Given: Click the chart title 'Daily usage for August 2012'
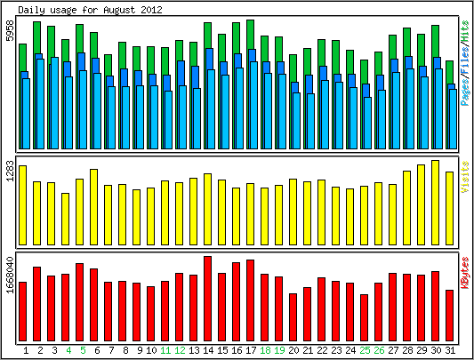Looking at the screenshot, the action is click(x=90, y=10).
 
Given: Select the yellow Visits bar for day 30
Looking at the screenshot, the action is click(x=435, y=203).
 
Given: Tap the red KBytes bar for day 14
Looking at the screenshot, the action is click(x=208, y=299).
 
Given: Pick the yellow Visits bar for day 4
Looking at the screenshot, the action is click(x=65, y=219).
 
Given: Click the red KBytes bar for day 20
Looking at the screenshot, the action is click(x=293, y=317).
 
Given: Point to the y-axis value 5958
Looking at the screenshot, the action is click(x=11, y=30).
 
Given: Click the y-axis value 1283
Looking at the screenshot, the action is click(x=11, y=171).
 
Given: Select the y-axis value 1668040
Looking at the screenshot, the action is click(x=11, y=275).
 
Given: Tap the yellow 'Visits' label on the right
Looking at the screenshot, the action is click(x=464, y=177).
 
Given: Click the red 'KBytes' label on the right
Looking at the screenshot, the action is click(x=464, y=273).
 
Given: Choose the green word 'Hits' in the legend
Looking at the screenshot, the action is click(x=464, y=31).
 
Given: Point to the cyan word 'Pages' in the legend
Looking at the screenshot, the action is click(x=464, y=91).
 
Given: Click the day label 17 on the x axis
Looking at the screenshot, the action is click(x=251, y=350).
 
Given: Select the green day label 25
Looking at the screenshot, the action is click(x=365, y=350).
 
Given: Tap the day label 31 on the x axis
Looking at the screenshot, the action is click(x=450, y=350).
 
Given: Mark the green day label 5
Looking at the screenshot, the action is click(x=83, y=350).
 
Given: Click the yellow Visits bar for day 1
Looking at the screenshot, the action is click(x=22, y=205).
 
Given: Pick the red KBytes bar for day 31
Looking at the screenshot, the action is click(x=449, y=316).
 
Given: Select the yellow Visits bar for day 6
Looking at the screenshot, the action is click(x=93, y=207).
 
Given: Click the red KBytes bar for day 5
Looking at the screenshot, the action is click(x=79, y=302).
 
